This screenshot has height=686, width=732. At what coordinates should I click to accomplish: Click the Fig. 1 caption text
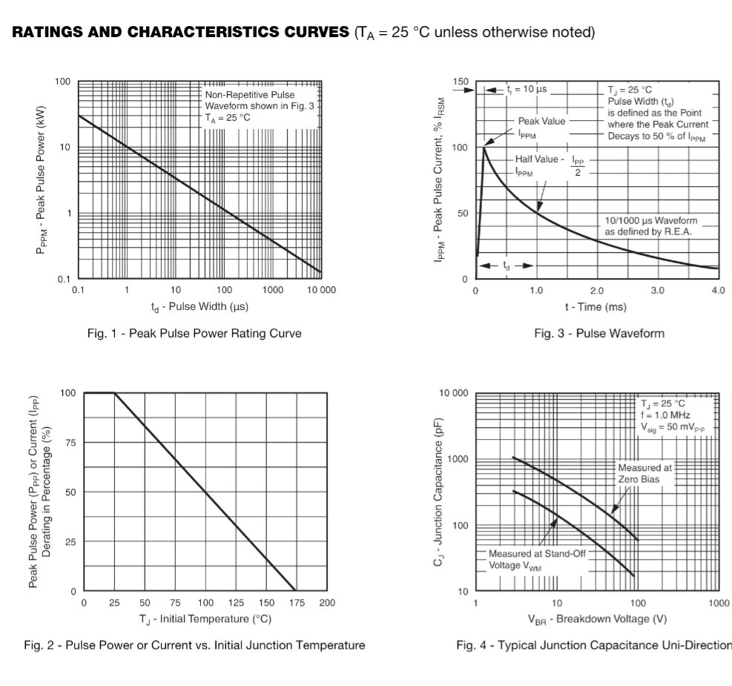tap(194, 334)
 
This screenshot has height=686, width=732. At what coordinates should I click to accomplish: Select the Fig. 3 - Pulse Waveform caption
tap(599, 334)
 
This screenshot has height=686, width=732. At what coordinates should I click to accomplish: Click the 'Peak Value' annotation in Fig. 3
tap(541, 121)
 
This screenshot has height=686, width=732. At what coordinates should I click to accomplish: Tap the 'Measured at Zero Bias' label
tap(644, 473)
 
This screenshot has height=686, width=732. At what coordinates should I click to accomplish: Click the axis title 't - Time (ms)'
tap(596, 307)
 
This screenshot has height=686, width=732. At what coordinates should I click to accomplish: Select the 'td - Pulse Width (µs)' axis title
tap(200, 307)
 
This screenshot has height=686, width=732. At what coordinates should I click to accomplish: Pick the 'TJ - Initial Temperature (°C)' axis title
tap(204, 619)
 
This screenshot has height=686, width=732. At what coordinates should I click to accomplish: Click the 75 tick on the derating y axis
tap(70, 443)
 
